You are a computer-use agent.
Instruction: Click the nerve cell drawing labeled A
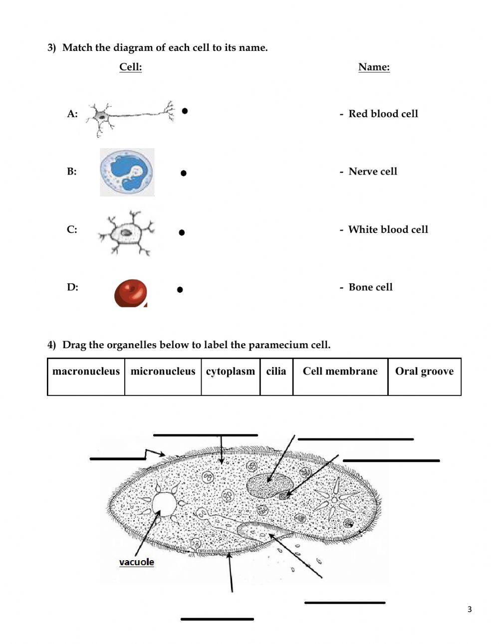click(130, 117)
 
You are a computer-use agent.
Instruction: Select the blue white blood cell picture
click(127, 172)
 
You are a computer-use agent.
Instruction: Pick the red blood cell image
click(131, 293)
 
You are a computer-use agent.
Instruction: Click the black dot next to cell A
click(185, 111)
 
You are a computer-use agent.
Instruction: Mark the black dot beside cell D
click(180, 289)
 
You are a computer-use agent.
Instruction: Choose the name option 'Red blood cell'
click(383, 114)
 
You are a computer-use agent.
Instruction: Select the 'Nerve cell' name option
click(372, 172)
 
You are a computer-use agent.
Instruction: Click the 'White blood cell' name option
click(388, 229)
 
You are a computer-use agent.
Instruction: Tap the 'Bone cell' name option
click(370, 287)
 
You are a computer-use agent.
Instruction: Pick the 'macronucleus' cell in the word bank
click(86, 376)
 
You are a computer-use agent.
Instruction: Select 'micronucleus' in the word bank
click(163, 376)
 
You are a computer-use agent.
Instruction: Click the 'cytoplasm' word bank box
click(231, 376)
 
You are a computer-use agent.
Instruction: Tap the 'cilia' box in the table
click(276, 376)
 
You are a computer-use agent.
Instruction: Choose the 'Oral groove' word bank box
click(424, 376)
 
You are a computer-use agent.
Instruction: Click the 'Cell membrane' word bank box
click(340, 376)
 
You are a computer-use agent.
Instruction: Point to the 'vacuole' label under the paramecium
click(136, 562)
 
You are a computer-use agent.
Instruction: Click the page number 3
click(469, 609)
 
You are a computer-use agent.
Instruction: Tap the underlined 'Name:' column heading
click(374, 67)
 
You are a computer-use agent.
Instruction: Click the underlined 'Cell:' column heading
click(130, 67)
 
